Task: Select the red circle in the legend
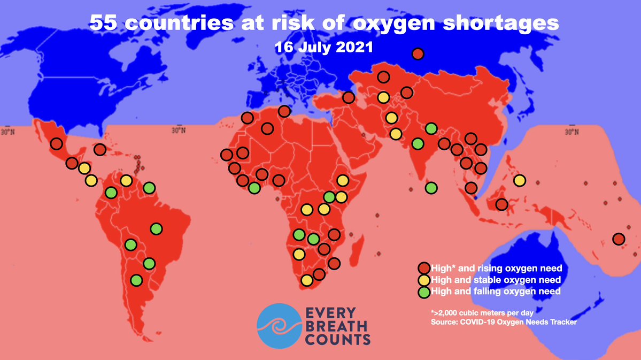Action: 424,267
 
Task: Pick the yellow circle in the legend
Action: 424,280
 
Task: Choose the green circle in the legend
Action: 424,292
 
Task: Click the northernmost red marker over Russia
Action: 418,54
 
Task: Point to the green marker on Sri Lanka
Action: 431,188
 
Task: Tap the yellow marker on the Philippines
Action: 519,181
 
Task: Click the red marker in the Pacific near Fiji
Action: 619,239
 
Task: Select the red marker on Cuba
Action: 99,149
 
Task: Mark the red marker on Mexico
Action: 56,143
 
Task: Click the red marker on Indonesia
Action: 501,204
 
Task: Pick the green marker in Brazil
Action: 156,229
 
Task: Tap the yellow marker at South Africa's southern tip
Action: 306,280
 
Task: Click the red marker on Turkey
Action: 349,97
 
